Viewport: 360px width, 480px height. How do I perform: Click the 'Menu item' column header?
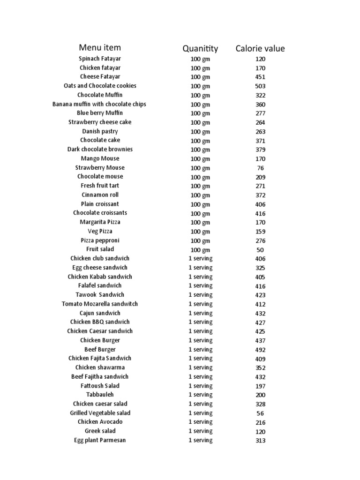tap(99, 47)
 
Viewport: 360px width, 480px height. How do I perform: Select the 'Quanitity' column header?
tap(200, 48)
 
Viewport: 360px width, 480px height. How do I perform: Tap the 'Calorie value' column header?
tap(260, 48)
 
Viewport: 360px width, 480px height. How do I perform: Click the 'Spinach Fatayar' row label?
tap(99, 59)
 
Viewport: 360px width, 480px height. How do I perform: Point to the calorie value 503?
tap(260, 86)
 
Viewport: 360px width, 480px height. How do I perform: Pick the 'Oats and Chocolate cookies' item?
tap(100, 86)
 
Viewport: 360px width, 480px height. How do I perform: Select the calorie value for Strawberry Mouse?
tap(260, 168)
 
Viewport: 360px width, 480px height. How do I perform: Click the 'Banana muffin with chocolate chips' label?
tap(99, 104)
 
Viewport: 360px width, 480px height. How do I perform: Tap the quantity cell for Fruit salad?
tap(200, 250)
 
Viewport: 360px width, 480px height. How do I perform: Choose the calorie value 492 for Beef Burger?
tap(260, 350)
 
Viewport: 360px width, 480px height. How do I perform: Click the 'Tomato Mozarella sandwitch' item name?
tap(100, 304)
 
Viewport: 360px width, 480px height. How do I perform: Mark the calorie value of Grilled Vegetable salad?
tap(260, 413)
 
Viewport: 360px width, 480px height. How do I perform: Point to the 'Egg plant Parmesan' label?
tap(100, 440)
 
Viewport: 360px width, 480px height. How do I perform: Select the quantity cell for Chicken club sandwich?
tap(200, 259)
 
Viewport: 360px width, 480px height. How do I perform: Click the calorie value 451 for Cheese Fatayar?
tap(260, 77)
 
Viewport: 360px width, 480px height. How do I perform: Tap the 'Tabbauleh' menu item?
tap(100, 395)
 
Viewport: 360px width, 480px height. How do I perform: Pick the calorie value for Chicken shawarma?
tap(260, 368)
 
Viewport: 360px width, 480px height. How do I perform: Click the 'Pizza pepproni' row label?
tap(100, 240)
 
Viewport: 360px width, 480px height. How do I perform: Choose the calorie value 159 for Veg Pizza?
tap(260, 232)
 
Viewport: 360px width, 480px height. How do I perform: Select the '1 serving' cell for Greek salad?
tap(200, 431)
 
